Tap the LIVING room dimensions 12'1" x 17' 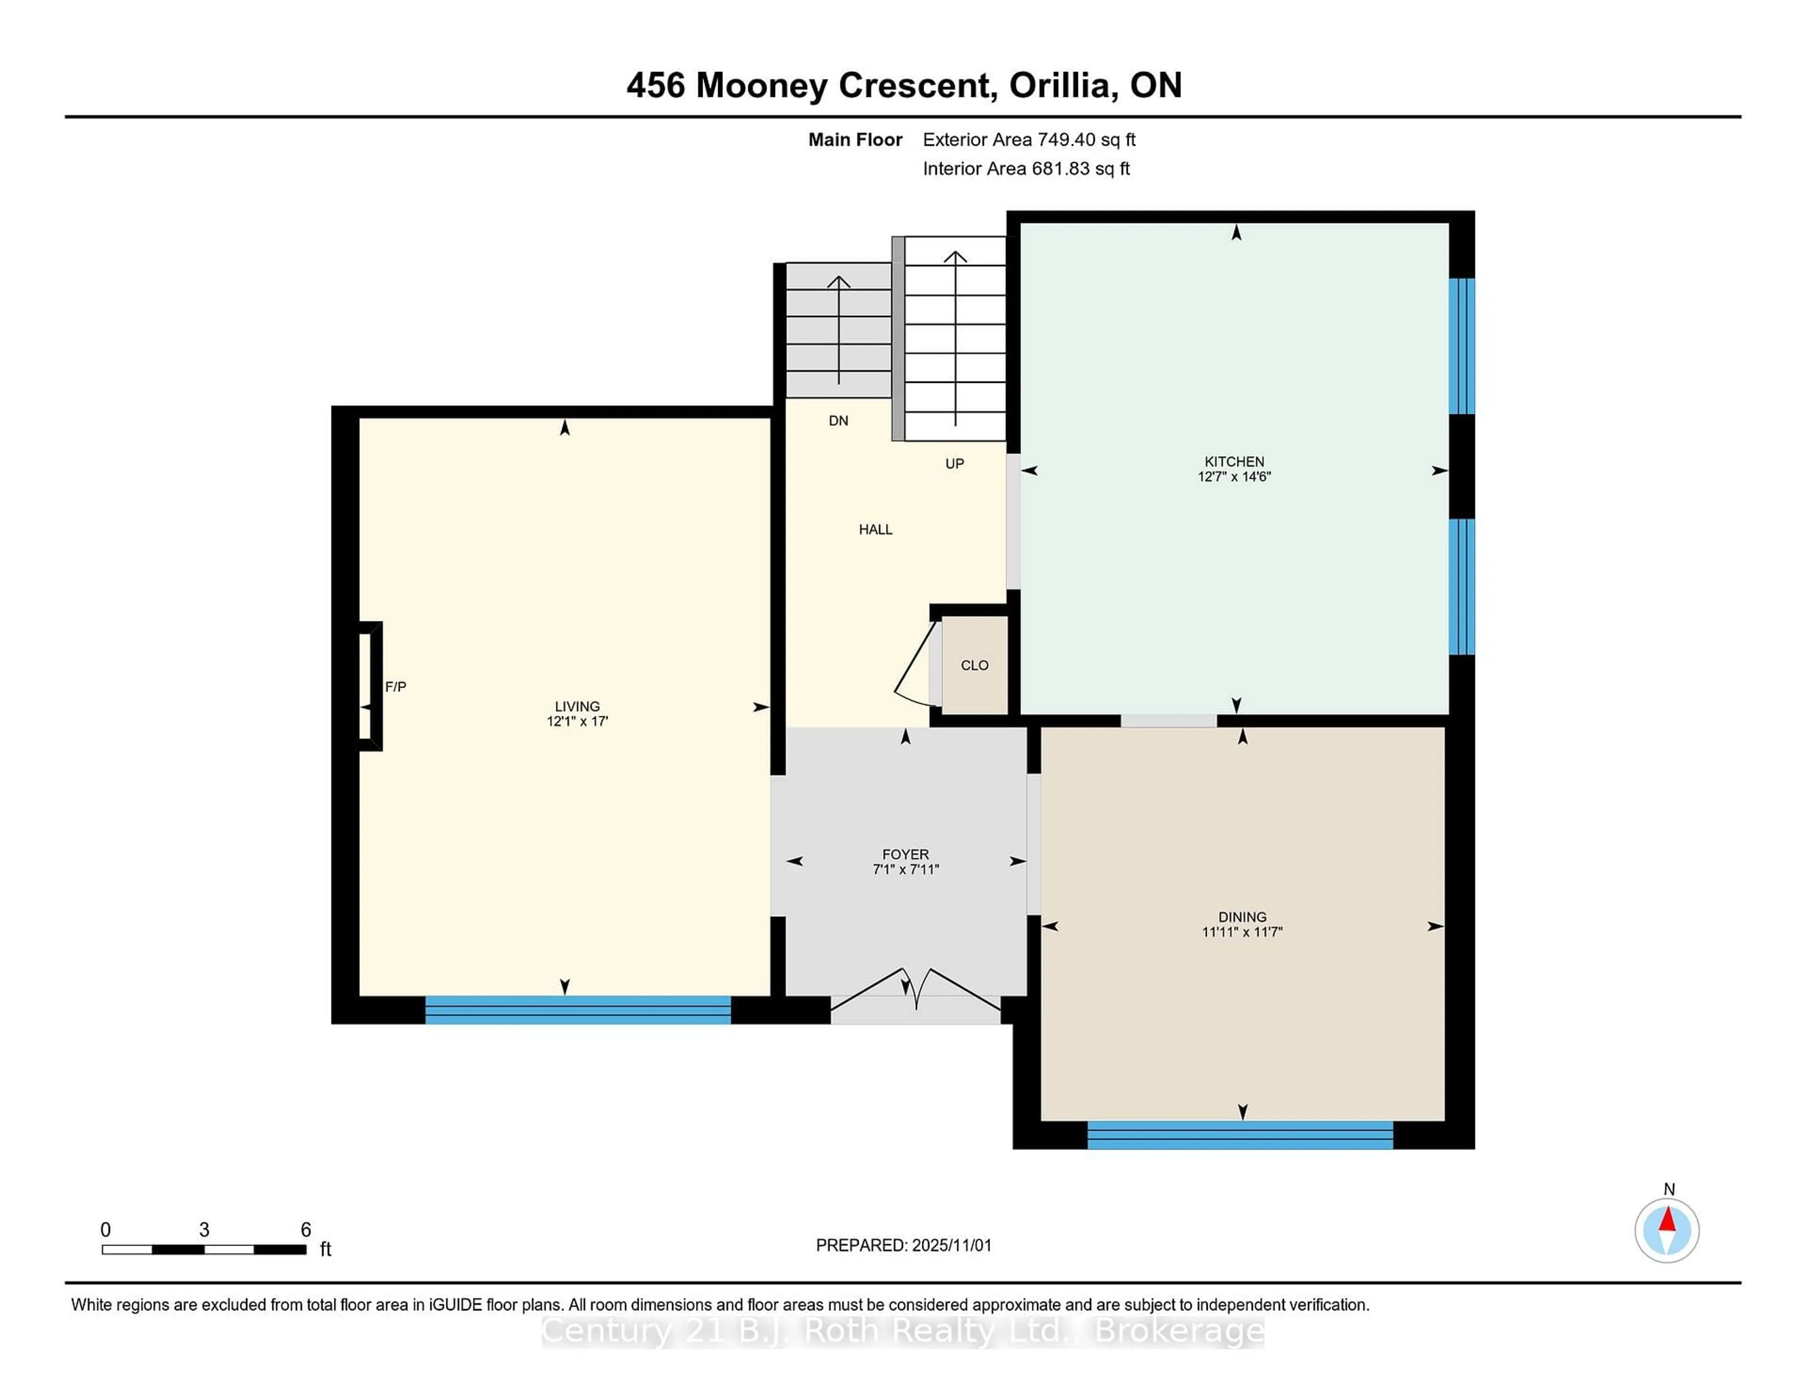(x=577, y=721)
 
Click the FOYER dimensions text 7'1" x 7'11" (x=905, y=869)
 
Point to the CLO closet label (x=974, y=665)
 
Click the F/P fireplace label (x=395, y=686)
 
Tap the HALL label (x=875, y=529)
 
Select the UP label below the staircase (x=954, y=464)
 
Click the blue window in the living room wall (x=577, y=1010)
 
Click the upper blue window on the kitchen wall (x=1461, y=346)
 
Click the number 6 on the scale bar (x=305, y=1230)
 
